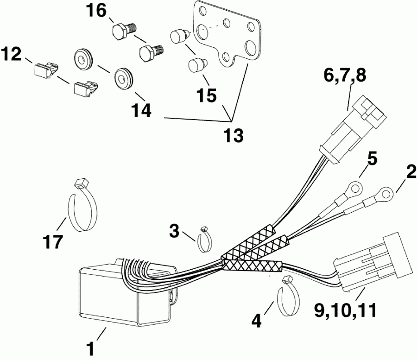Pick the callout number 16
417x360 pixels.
(98, 11)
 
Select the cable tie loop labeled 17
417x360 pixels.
(84, 208)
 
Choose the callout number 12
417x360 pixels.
(12, 55)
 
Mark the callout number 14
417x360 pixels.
(141, 110)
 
